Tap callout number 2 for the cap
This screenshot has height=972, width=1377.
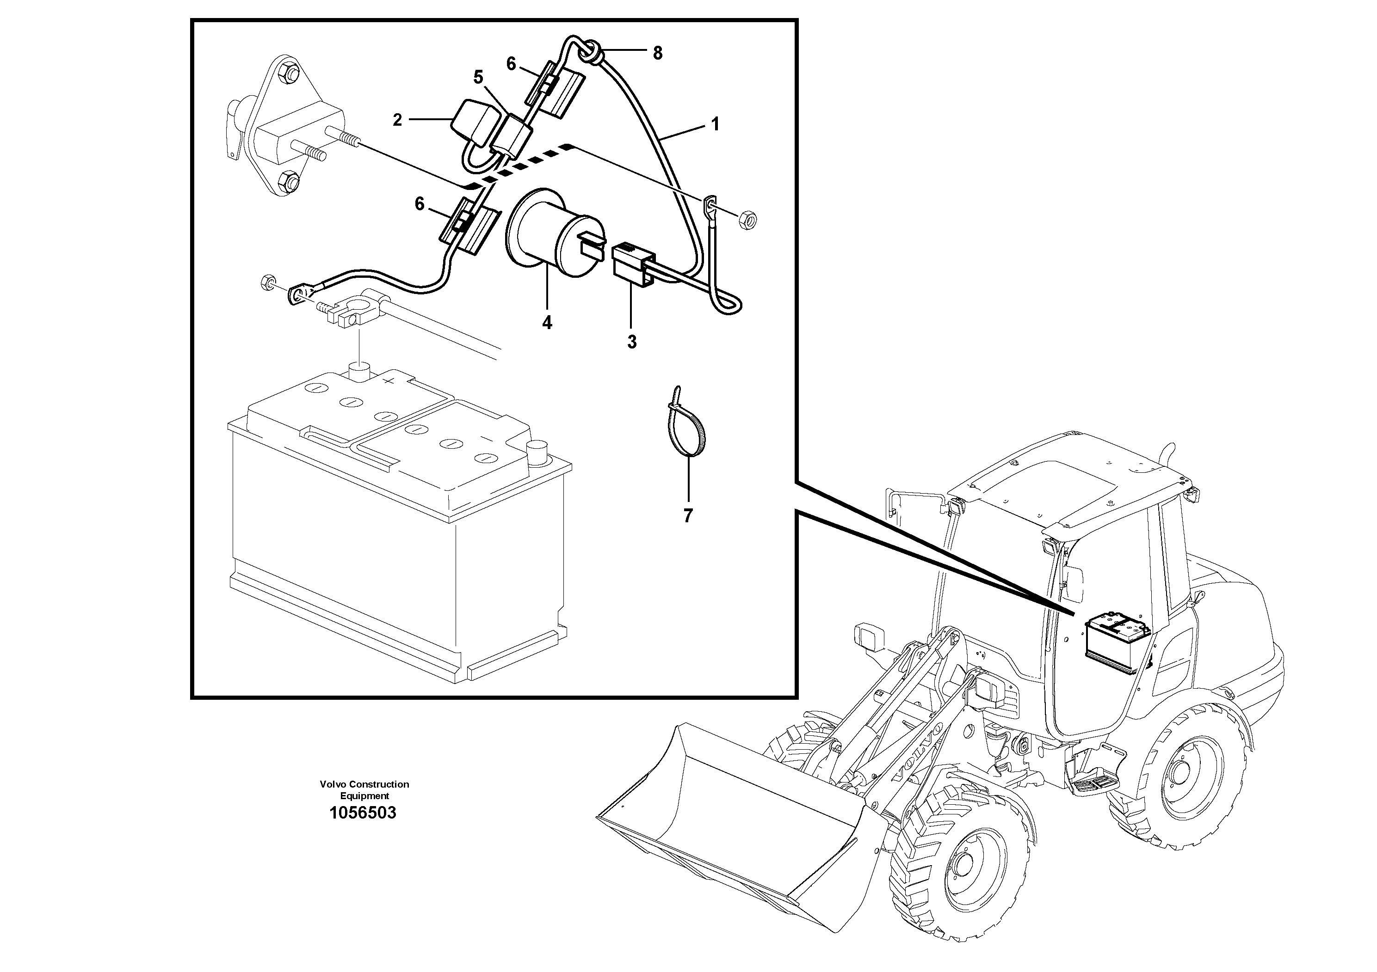point(397,120)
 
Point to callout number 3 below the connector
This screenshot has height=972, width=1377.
point(631,342)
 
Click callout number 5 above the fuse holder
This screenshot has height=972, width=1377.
point(478,77)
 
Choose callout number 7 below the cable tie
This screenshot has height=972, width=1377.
point(688,515)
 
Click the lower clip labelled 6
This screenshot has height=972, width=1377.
point(469,223)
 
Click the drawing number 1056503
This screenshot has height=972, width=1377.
point(362,813)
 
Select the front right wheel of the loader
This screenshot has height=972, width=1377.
point(958,863)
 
